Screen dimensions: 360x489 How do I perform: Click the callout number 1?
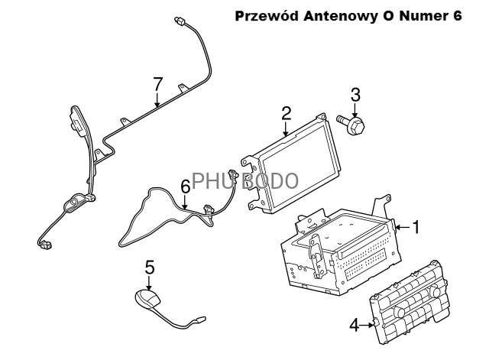[x=416, y=226]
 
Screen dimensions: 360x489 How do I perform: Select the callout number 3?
[x=355, y=96]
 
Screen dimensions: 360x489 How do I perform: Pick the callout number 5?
[x=150, y=267]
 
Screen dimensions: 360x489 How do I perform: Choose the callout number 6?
[x=185, y=186]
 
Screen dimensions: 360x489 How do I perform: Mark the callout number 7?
[x=158, y=83]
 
